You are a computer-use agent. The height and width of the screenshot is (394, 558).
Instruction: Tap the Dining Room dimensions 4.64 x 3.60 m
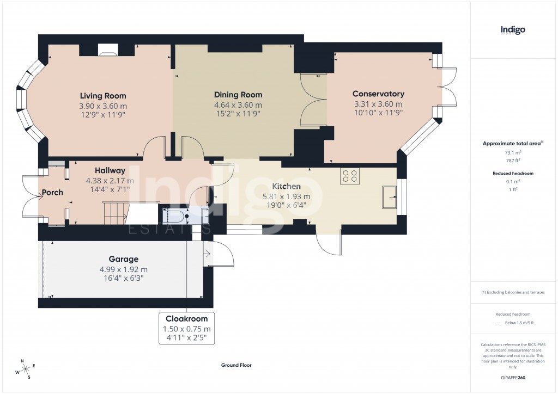238,105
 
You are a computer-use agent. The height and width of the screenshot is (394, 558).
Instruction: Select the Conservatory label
378,94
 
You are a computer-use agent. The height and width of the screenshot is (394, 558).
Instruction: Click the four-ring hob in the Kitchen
349,176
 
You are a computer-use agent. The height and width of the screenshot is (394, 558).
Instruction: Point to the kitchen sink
390,197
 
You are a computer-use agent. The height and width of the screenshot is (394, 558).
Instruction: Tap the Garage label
123,259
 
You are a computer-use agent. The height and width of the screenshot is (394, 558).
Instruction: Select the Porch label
53,192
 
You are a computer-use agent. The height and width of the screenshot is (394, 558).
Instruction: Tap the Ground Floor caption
236,366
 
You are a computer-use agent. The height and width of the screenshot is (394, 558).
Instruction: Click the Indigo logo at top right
513,30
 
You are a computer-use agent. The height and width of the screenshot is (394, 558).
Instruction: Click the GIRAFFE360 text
513,377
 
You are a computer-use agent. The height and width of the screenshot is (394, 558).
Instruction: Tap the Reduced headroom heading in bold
512,173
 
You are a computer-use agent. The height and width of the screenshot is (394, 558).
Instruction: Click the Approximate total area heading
511,143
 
